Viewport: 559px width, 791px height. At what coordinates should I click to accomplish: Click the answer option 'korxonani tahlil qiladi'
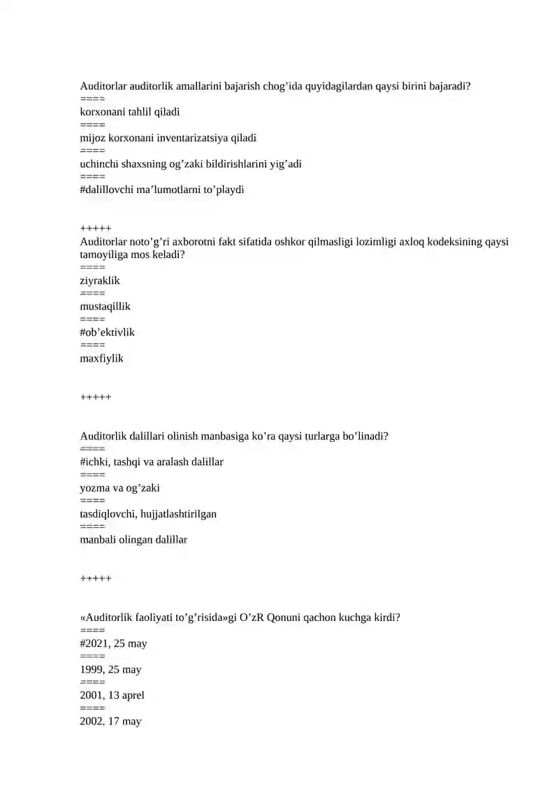130,112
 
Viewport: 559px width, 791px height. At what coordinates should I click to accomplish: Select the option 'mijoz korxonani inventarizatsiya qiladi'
168,138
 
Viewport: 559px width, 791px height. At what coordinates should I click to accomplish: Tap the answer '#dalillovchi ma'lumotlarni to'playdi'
162,190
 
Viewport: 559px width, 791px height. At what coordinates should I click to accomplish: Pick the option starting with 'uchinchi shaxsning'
191,164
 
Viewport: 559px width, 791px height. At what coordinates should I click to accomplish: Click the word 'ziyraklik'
100,280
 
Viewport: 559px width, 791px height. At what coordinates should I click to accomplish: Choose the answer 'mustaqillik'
105,306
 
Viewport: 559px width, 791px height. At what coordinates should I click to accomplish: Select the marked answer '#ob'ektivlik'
108,332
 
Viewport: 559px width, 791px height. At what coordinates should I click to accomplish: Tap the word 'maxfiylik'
101,358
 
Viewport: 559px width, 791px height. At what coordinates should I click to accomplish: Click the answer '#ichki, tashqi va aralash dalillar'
152,462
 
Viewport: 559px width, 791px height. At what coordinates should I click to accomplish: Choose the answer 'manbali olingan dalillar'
133,539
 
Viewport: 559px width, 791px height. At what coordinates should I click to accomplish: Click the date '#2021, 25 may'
113,643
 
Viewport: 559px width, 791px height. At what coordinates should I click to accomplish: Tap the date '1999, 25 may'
110,669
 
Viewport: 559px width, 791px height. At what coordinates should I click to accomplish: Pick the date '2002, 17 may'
110,721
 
